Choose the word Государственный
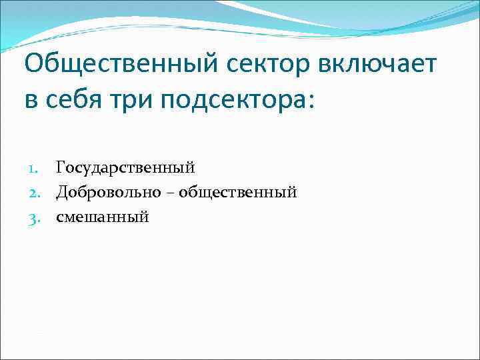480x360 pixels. point(125,169)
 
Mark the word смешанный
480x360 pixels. point(103,217)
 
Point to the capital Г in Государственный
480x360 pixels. point(61,168)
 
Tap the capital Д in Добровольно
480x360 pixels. point(61,193)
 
